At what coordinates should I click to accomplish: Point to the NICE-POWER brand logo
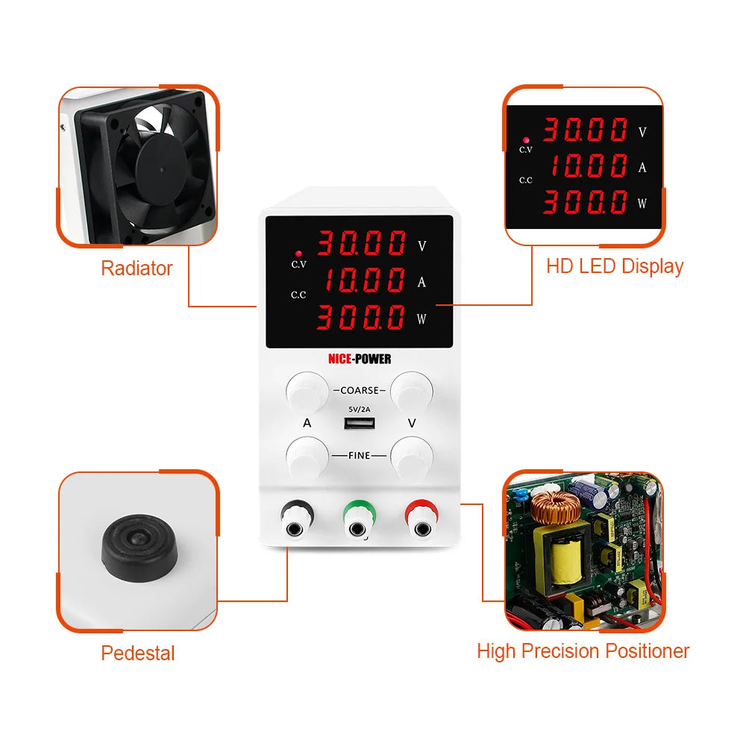click(x=360, y=359)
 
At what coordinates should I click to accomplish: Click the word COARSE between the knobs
click(x=360, y=390)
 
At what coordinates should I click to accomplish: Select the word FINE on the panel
click(x=360, y=455)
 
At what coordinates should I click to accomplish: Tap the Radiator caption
click(x=137, y=269)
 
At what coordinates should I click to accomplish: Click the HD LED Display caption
click(x=615, y=266)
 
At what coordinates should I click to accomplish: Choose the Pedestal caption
click(x=138, y=653)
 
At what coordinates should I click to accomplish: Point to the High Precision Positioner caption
click(x=583, y=651)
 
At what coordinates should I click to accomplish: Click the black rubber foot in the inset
click(x=138, y=550)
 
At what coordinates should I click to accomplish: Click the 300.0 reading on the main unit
click(x=361, y=319)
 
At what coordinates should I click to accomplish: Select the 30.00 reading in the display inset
click(x=585, y=130)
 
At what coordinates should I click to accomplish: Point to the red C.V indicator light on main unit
click(x=298, y=253)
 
